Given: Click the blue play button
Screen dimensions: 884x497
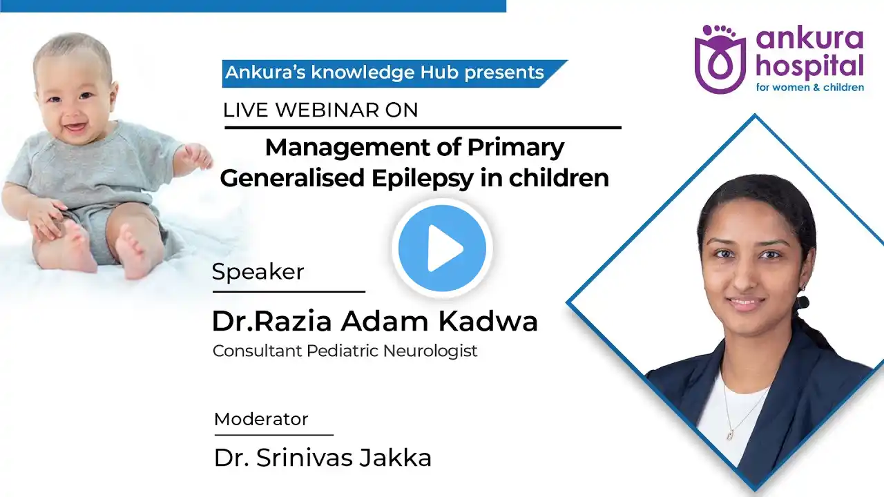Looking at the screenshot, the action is (442, 248).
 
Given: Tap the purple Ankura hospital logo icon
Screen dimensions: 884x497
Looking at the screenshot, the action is (720, 59).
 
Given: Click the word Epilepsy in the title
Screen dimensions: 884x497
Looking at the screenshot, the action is (422, 178).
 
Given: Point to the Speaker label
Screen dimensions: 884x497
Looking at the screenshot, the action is (258, 271).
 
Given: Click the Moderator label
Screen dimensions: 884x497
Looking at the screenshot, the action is (261, 419).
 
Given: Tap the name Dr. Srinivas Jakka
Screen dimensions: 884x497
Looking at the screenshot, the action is (323, 458).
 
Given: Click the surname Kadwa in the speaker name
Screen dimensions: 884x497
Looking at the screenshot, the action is (488, 321).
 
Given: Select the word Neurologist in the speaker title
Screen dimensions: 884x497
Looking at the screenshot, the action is (430, 351).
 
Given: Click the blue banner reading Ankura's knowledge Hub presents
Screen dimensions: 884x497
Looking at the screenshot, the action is (394, 73).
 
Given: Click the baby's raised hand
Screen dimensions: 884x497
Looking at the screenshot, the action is (198, 156).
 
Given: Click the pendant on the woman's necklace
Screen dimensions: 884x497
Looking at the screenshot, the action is (731, 434).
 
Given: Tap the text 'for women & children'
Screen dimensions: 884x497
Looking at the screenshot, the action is (810, 87).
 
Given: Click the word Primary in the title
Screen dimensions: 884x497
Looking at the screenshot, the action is (516, 148).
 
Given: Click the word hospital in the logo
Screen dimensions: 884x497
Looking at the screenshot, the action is (809, 66).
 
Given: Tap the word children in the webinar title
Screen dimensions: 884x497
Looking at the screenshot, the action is (559, 178).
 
